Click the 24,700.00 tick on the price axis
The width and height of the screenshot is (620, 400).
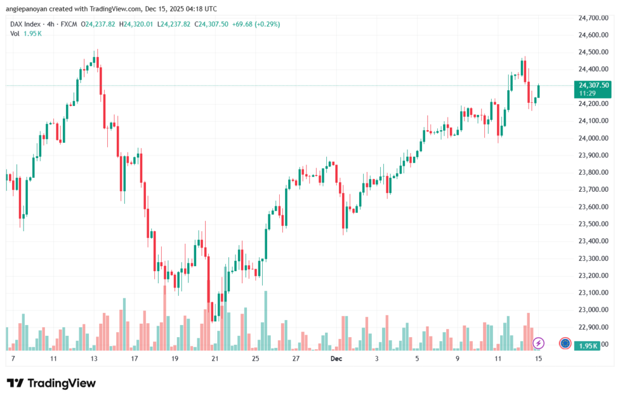[x=593, y=18]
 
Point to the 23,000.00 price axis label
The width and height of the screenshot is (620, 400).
[x=593, y=310]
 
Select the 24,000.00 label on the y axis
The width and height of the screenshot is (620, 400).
[x=593, y=138]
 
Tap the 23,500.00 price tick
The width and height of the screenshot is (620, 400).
[x=593, y=224]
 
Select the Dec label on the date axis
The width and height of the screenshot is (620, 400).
[x=336, y=359]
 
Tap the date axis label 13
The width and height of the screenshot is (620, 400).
[x=94, y=359]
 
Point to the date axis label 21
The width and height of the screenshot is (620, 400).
[x=215, y=359]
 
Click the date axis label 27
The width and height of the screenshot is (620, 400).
[x=295, y=359]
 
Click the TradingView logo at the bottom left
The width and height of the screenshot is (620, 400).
[x=51, y=383]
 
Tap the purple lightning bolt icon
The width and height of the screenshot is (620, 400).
[x=538, y=343]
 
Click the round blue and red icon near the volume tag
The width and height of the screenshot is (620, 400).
[x=565, y=343]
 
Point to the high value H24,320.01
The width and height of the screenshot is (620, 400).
[x=136, y=24]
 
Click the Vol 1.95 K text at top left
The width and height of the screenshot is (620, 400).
[x=26, y=33]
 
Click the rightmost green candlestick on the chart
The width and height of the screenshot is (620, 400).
[x=538, y=92]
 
